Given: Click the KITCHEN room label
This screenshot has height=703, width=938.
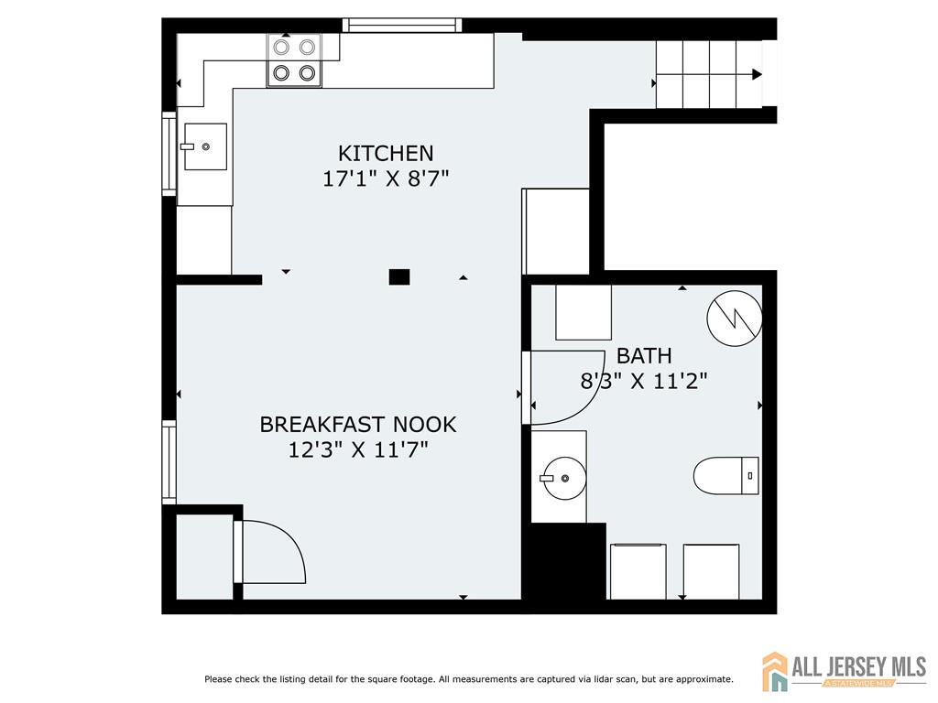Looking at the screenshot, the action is (386, 154).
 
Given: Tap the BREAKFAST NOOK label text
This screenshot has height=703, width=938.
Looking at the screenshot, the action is (358, 425).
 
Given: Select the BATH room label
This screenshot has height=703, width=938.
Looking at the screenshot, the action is (644, 356).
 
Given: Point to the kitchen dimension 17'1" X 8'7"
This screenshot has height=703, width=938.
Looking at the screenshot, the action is (386, 178).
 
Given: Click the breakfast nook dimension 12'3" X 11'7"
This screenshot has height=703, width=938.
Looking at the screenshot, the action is (358, 449).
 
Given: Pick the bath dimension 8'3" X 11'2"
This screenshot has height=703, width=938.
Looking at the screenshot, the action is (644, 381).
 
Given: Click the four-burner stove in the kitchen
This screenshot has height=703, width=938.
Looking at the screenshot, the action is (294, 59).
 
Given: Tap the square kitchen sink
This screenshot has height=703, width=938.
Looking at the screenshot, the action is (205, 146).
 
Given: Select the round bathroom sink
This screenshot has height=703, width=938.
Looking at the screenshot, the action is (563, 478).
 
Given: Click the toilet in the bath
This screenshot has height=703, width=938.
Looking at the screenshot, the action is (726, 476).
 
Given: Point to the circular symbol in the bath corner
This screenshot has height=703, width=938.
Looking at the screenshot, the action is (735, 318).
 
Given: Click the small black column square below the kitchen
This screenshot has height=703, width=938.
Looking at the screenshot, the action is (399, 276).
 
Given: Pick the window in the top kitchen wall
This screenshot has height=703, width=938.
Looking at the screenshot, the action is (402, 25).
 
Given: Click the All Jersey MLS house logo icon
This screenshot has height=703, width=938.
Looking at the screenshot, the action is (775, 671).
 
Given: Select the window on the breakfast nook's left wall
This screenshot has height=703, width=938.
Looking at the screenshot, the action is (169, 462).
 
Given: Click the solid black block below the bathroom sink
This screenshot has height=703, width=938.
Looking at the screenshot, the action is (564, 561).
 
